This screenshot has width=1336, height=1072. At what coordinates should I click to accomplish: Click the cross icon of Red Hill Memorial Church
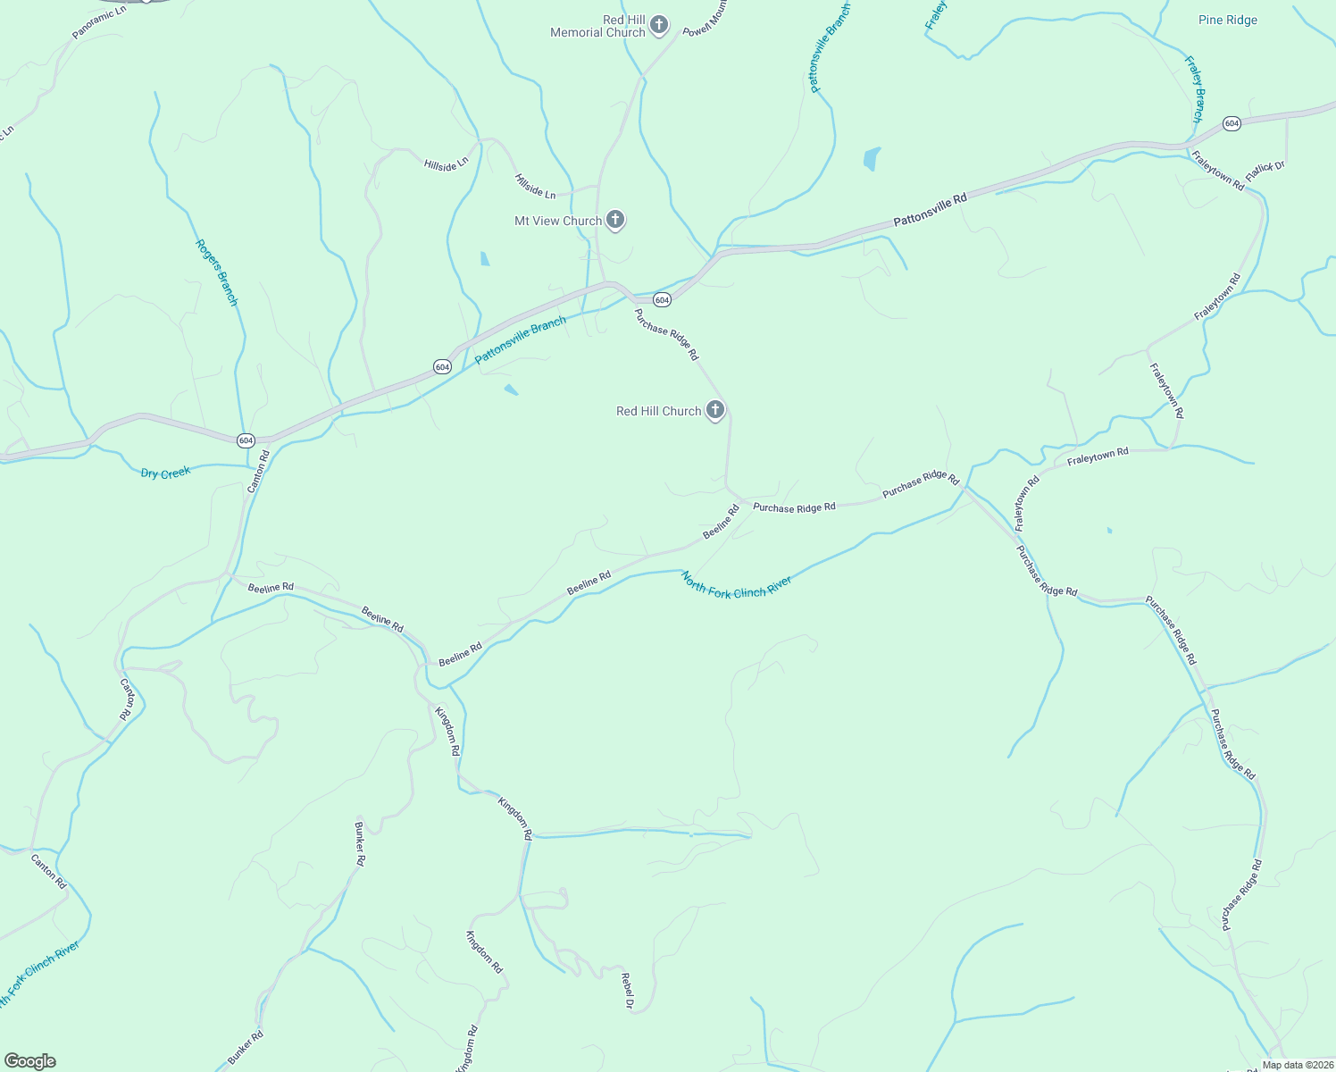click(x=659, y=24)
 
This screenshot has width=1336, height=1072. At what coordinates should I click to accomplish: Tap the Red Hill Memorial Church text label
click(x=597, y=26)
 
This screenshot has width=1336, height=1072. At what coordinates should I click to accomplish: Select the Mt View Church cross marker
click(x=614, y=219)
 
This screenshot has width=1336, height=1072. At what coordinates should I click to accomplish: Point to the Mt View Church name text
click(x=558, y=221)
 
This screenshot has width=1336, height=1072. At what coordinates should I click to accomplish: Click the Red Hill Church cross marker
click(x=714, y=410)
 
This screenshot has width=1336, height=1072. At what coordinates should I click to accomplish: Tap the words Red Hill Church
click(x=658, y=411)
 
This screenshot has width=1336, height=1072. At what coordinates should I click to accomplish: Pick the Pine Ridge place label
click(x=1228, y=20)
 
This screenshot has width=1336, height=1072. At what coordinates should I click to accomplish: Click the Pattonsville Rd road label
click(x=930, y=209)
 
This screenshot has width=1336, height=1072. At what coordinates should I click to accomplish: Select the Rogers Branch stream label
click(x=217, y=272)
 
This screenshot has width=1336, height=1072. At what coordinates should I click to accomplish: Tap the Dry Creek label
click(x=165, y=473)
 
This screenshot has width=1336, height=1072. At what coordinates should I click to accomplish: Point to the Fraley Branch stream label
click(x=1194, y=89)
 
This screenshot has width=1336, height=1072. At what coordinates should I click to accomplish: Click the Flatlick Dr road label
click(x=1265, y=170)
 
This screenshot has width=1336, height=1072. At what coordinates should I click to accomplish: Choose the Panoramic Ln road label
click(x=100, y=22)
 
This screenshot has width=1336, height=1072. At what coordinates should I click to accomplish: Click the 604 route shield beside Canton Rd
click(x=246, y=440)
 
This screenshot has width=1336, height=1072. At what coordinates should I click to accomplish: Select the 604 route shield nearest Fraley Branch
click(x=1232, y=123)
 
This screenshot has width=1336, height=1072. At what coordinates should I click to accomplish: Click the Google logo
click(x=29, y=1060)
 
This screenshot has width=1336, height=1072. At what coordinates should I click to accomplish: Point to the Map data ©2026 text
click(x=1297, y=1065)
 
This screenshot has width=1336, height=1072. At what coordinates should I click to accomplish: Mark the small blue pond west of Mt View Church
click(x=484, y=259)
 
